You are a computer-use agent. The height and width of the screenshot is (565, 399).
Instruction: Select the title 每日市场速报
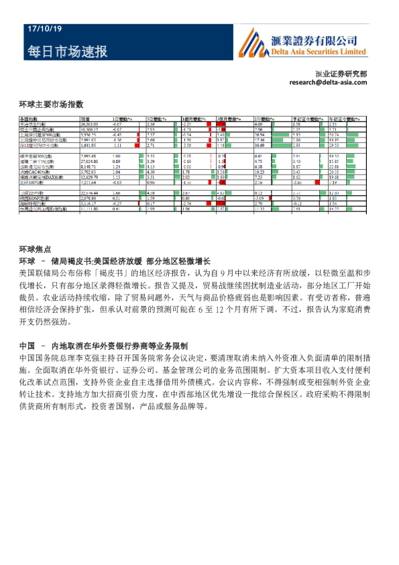pos(66,51)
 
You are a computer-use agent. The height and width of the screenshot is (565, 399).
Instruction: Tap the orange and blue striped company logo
pos(253,42)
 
